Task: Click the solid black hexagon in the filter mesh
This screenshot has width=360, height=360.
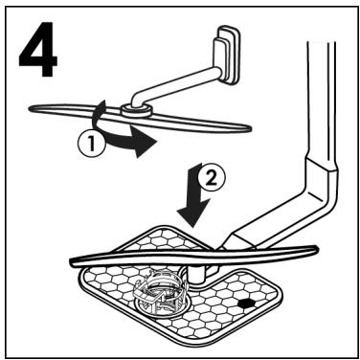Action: (x=248, y=301)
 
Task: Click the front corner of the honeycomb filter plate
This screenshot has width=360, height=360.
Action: (x=182, y=339)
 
